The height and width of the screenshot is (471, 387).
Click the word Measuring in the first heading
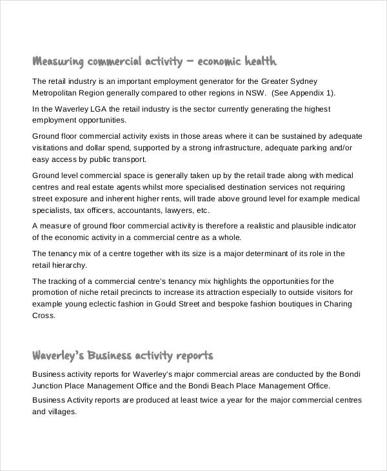point(59,62)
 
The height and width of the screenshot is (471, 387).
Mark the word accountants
point(138,210)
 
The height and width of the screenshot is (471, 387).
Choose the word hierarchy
point(69,265)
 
